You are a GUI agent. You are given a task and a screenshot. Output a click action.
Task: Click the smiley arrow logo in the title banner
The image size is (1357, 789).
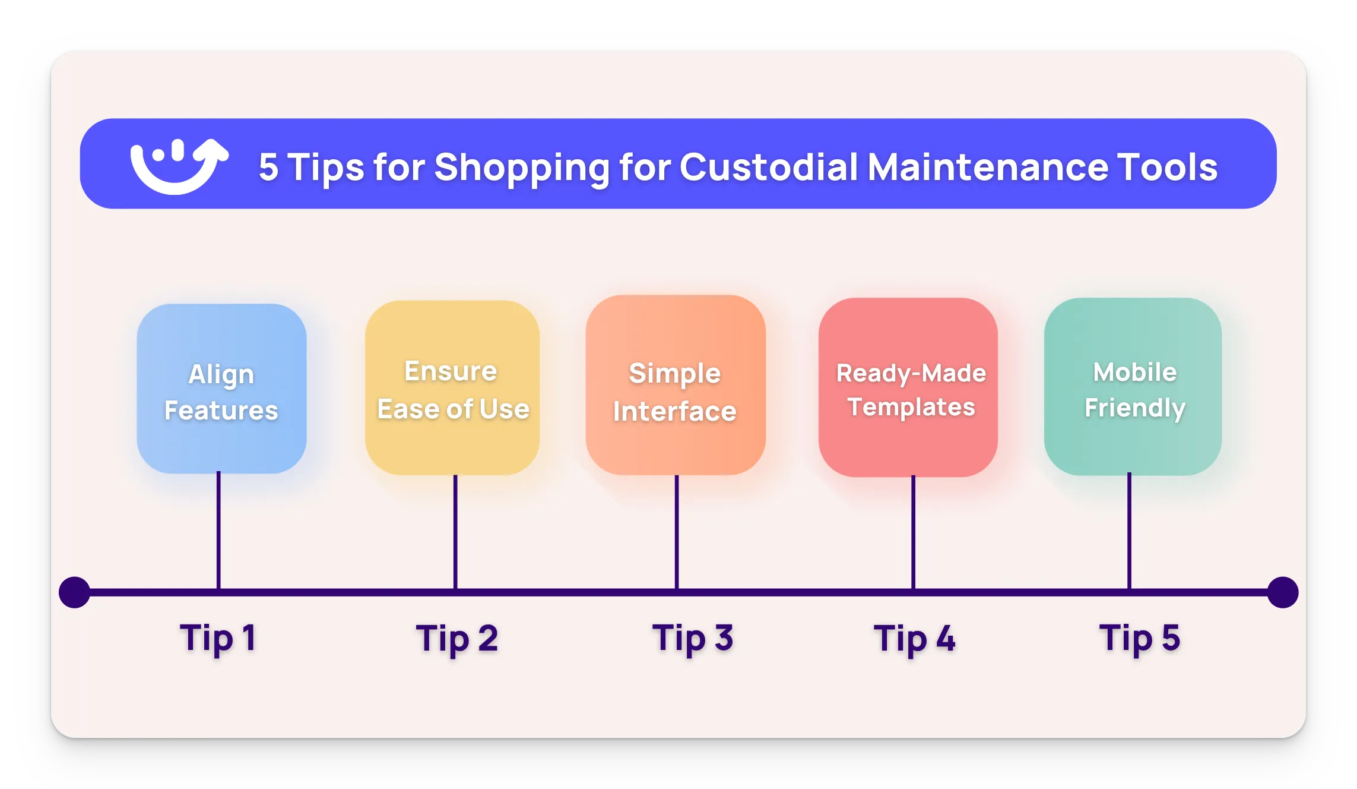(x=178, y=166)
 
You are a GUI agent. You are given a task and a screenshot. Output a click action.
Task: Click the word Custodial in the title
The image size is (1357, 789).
(x=768, y=167)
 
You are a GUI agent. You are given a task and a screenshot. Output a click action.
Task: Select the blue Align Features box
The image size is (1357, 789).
(x=221, y=389)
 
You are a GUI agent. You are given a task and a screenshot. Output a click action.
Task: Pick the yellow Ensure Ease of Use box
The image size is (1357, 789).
(x=452, y=388)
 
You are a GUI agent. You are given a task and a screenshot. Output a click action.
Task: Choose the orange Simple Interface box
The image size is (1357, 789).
(x=675, y=386)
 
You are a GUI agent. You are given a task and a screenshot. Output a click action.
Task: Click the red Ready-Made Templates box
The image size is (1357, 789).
(x=908, y=387)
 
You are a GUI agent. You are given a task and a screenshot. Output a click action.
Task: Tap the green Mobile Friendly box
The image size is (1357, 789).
(x=1133, y=387)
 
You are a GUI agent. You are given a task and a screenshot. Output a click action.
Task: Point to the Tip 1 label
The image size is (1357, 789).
(x=218, y=639)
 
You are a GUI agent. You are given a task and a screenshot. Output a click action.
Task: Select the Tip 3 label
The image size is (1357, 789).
(x=693, y=639)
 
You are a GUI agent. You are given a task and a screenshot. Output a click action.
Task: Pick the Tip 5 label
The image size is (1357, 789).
(x=1139, y=639)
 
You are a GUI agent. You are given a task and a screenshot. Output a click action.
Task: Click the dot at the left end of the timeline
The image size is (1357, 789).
(x=75, y=592)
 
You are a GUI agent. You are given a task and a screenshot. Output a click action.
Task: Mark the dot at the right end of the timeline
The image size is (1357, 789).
(x=1282, y=592)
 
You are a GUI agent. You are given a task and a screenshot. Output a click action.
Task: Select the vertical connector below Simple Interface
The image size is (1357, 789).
(x=677, y=531)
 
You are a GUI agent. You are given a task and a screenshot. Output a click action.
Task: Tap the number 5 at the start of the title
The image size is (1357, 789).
(x=268, y=167)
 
